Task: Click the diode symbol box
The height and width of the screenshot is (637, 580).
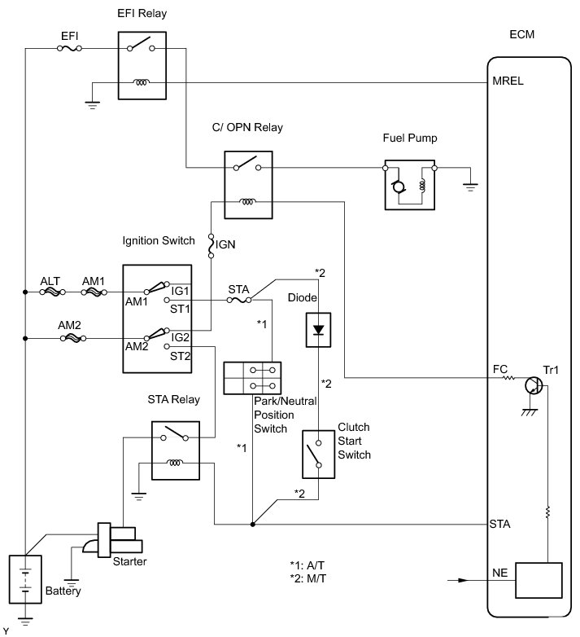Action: pyautogui.click(x=319, y=330)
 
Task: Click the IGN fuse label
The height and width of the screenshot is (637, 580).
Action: pyautogui.click(x=225, y=243)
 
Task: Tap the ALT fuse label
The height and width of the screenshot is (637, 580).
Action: pyautogui.click(x=50, y=280)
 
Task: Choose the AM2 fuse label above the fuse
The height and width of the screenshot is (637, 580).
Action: pyautogui.click(x=70, y=323)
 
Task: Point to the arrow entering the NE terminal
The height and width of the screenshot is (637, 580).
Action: pyautogui.click(x=460, y=581)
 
